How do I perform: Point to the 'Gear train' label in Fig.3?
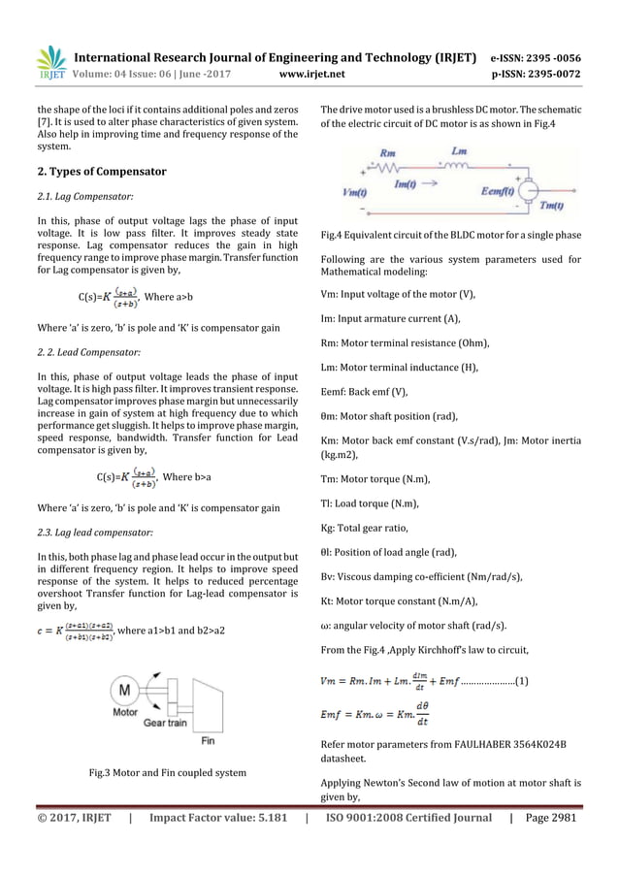point(169,723)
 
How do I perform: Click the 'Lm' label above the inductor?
point(462,150)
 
